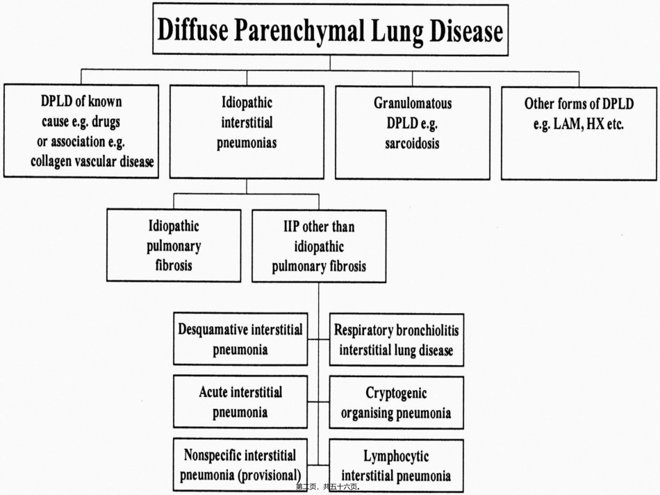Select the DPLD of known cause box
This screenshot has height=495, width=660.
coord(81,131)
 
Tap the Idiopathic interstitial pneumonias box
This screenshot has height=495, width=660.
coord(247,133)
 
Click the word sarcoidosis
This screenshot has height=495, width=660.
coord(412,144)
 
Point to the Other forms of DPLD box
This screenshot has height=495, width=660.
coord(579,134)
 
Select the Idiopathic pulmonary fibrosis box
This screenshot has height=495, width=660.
coord(174,245)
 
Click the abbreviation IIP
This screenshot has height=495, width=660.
coord(291,227)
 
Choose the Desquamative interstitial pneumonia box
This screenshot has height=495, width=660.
coord(240,339)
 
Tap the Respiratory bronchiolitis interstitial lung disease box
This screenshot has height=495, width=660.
coord(397,339)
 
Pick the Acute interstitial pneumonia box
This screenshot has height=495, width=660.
coord(240,402)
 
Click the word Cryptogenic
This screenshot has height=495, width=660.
coord(396,393)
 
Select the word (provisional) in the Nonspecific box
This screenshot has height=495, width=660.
coord(270,476)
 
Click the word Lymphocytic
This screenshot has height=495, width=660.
coord(396,457)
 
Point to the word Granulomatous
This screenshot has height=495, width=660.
coord(413,103)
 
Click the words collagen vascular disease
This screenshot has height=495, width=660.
coord(92,162)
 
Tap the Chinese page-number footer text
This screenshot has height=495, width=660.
coord(328,487)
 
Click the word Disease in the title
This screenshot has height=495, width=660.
coord(466,31)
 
